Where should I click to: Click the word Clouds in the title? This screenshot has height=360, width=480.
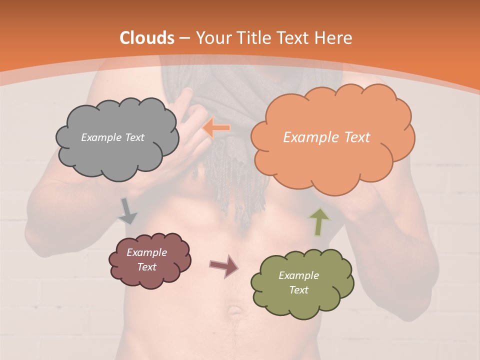coord(147,38)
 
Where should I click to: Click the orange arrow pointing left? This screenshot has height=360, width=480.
coord(216,128)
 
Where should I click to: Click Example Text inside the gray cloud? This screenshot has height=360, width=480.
coord(112,137)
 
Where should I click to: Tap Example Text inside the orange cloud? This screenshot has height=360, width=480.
coord(326,137)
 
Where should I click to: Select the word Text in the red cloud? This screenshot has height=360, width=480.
coord(146,267)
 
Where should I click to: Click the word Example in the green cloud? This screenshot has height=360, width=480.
coord(298,275)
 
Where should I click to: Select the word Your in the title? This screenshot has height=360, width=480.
coord(210,38)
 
